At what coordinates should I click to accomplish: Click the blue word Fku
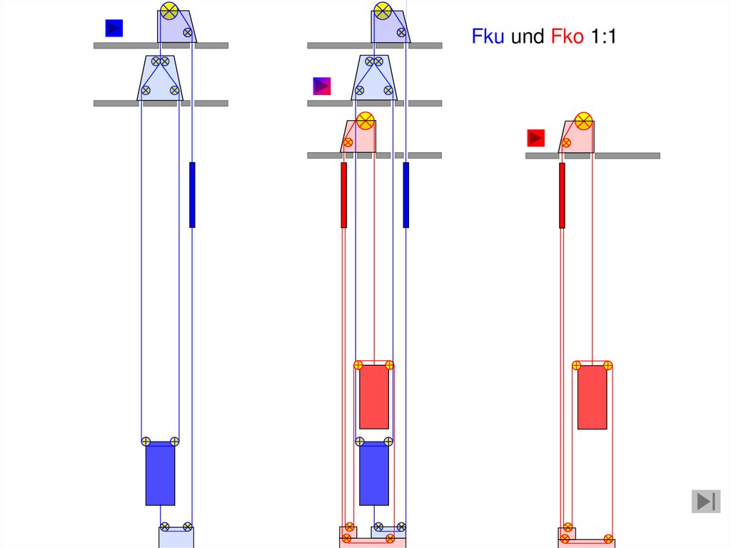[488, 36]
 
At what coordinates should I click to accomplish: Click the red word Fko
[567, 36]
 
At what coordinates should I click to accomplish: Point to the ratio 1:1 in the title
[604, 36]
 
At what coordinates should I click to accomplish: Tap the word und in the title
[528, 36]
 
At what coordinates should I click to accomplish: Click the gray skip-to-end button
[706, 502]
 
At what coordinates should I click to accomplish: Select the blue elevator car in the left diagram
[161, 473]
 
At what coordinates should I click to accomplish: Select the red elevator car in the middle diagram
[374, 397]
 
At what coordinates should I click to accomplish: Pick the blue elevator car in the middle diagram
[374, 473]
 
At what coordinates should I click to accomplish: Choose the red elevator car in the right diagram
[592, 397]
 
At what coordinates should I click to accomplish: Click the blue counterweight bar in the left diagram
[192, 194]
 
